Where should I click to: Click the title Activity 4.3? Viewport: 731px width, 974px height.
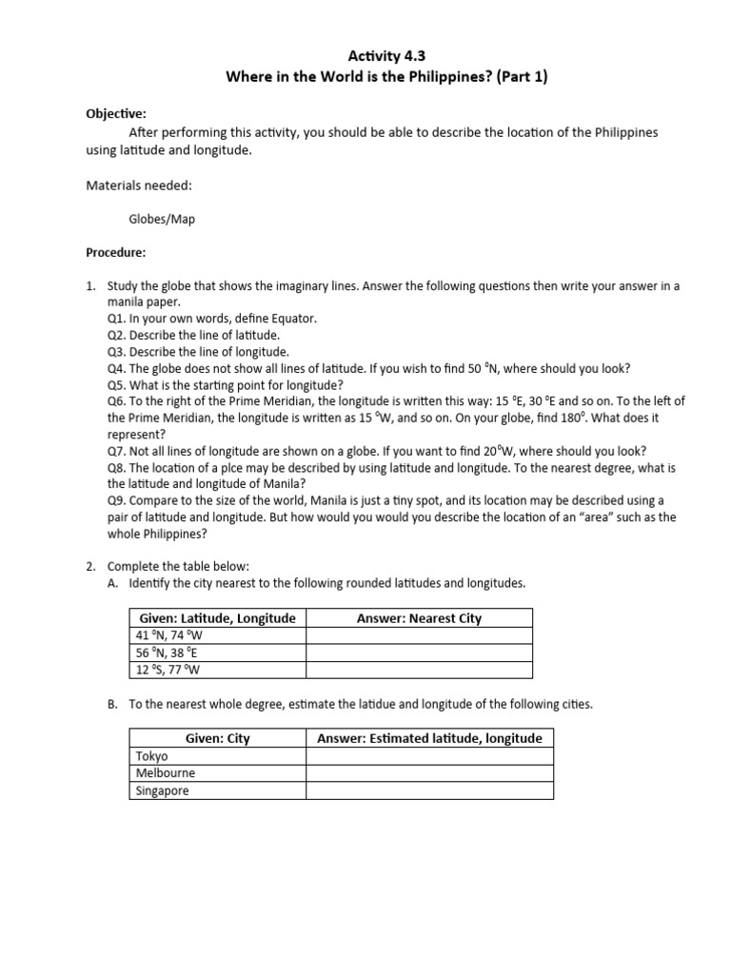(x=365, y=56)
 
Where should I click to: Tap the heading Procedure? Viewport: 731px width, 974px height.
(x=116, y=253)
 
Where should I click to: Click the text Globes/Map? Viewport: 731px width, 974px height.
(x=162, y=219)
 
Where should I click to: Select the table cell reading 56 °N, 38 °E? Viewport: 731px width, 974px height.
(x=168, y=653)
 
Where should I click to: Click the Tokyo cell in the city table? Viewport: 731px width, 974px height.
(x=152, y=756)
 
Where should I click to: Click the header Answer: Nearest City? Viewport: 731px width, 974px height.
(x=419, y=618)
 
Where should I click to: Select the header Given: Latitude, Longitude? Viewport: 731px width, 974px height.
(x=218, y=618)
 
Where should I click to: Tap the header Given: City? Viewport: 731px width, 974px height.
(x=218, y=738)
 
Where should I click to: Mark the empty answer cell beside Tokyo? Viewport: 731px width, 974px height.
(x=429, y=756)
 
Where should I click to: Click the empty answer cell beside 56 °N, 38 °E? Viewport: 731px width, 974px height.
(x=419, y=653)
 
